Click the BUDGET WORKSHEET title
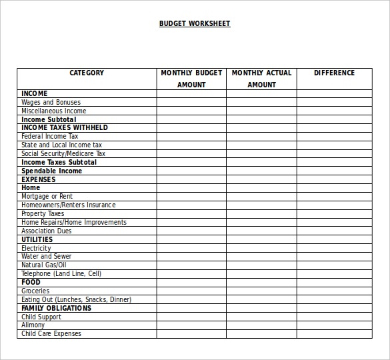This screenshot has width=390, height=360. pos(194,24)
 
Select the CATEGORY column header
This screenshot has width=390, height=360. pos(87,73)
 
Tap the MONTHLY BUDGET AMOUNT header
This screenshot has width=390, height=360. pos(191,79)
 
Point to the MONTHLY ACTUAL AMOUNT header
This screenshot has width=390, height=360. pos(261,79)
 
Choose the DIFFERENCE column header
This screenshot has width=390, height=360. pos(334,73)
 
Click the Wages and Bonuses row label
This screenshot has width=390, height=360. pos(51,103)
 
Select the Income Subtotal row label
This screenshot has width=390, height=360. pos(49,120)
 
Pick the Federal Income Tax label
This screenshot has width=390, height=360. pos(50,137)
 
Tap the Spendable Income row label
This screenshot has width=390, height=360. pos(52,171)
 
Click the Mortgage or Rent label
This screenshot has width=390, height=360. pos(47,197)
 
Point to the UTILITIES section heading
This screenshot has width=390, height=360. pos(37,239)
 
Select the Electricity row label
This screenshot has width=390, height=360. pos(36,248)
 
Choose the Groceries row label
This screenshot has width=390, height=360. pos(35,291)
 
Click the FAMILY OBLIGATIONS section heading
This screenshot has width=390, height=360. pos(57,309)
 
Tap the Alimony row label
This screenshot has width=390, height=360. pos(33,325)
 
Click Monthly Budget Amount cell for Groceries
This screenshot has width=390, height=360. pos(191,291)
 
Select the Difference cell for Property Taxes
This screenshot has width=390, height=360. pos(334,214)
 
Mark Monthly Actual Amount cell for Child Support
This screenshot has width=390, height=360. pos(261,317)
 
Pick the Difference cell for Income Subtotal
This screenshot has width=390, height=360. pos(334,120)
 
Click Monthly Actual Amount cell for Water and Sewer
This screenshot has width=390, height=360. pos(261,257)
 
